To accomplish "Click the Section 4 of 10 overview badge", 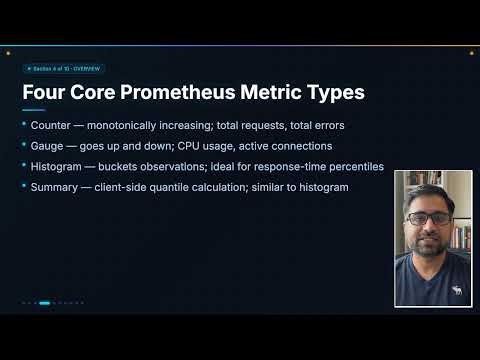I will pos(63,69).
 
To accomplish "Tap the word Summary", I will pos(56,186).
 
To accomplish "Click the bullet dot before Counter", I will pos(25,125).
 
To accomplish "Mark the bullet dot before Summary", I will pos(25,186).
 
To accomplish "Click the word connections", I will pos(297,145).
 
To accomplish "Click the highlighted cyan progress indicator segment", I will pos(44,302).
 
